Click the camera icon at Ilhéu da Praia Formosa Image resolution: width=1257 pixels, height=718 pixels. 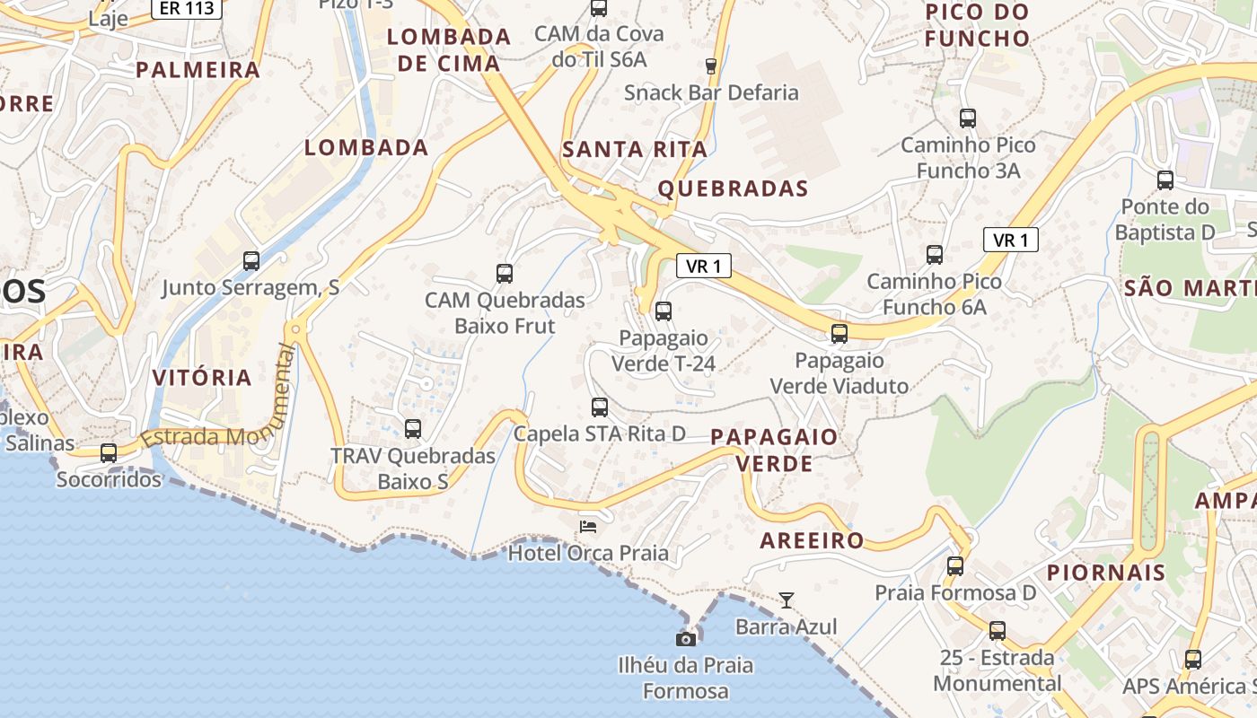click(686, 639)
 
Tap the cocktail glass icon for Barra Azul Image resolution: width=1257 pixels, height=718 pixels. click(787, 600)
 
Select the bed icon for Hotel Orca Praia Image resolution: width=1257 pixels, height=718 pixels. click(588, 526)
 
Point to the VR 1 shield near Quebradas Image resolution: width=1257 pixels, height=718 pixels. click(703, 266)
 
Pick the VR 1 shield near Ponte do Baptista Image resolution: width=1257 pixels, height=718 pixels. click(1011, 240)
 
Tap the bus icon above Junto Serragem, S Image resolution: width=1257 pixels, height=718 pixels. click(251, 261)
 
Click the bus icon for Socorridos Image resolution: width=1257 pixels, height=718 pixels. click(109, 453)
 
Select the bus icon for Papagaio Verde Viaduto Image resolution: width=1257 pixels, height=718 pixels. click(839, 334)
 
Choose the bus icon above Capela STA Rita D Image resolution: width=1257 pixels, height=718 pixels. click(600, 407)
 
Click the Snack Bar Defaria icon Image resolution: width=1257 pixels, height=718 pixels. click(711, 66)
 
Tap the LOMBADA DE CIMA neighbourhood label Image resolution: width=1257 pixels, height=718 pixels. click(449, 50)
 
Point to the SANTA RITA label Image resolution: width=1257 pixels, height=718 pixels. click(635, 150)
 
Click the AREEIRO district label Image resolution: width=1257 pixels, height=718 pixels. click(812, 540)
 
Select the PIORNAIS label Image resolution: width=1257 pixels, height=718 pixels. click(1105, 573)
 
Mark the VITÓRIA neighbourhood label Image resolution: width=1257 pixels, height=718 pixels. click(202, 377)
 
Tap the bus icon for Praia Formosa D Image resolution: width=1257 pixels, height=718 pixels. click(955, 566)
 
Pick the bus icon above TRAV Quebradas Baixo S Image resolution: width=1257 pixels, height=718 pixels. click(413, 429)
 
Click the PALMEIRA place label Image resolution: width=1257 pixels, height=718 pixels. click(198, 70)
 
